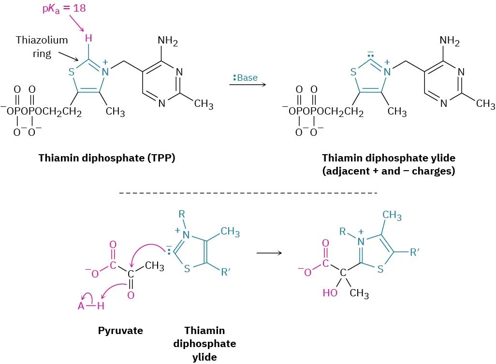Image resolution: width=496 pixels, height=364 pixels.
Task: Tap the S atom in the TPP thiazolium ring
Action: (x=72, y=73)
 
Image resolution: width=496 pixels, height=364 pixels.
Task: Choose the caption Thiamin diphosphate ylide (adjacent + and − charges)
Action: (x=389, y=164)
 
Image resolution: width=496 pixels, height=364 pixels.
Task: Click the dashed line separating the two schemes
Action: (x=248, y=193)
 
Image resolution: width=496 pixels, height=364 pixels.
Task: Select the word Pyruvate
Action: (x=120, y=331)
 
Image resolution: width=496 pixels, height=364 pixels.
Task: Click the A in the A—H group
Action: (x=81, y=306)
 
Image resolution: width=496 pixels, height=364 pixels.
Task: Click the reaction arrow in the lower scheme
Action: (x=269, y=253)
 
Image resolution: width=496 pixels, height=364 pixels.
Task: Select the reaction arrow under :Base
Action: (x=248, y=85)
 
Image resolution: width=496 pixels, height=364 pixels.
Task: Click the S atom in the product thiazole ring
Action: (x=380, y=269)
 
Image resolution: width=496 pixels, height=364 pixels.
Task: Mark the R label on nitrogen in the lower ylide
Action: (x=182, y=213)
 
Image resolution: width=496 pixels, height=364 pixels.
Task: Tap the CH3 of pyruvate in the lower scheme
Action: (x=155, y=265)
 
